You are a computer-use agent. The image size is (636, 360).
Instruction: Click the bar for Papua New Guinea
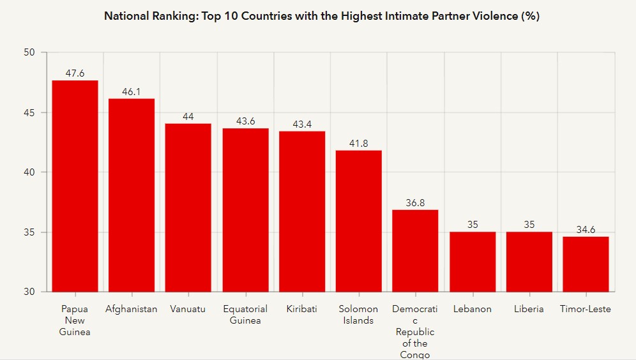(75, 186)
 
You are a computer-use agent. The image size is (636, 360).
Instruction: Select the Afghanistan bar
(132, 195)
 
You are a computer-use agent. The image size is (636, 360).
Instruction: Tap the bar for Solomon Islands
(358, 221)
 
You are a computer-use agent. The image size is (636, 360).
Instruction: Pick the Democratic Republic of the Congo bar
(415, 250)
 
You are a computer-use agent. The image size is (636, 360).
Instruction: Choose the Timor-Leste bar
(586, 264)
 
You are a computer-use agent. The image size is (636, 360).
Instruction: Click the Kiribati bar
(302, 211)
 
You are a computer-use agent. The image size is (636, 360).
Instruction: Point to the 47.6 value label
(75, 73)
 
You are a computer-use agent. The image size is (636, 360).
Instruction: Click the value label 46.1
(132, 92)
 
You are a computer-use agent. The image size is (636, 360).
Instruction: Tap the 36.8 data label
(415, 203)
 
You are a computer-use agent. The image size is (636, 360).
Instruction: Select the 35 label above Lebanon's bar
(472, 225)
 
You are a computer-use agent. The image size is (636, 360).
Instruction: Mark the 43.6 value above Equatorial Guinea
(245, 121)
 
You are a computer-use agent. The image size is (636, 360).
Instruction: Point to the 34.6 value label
(586, 230)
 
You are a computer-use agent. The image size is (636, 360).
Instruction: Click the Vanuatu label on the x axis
(188, 309)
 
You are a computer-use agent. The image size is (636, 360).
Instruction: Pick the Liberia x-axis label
(529, 309)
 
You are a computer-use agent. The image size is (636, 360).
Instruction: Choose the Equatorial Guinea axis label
(245, 315)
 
